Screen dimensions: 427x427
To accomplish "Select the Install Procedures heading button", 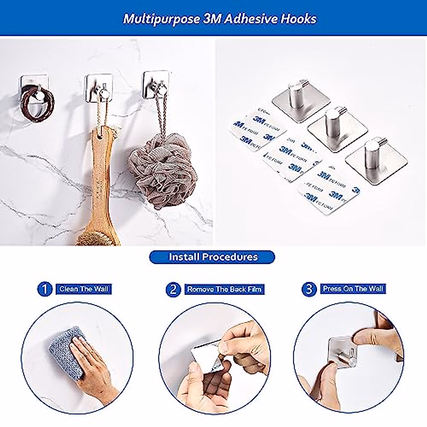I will click(x=212, y=257).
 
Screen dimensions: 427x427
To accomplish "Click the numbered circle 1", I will click(x=44, y=289).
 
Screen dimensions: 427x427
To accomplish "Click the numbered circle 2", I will click(x=173, y=289).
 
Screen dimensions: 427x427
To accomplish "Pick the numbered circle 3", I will click(x=309, y=289).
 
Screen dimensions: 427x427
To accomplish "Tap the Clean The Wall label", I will click(x=84, y=289).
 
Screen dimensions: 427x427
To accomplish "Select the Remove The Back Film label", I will click(x=225, y=289).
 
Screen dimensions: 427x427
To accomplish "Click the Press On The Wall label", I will click(x=353, y=289).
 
